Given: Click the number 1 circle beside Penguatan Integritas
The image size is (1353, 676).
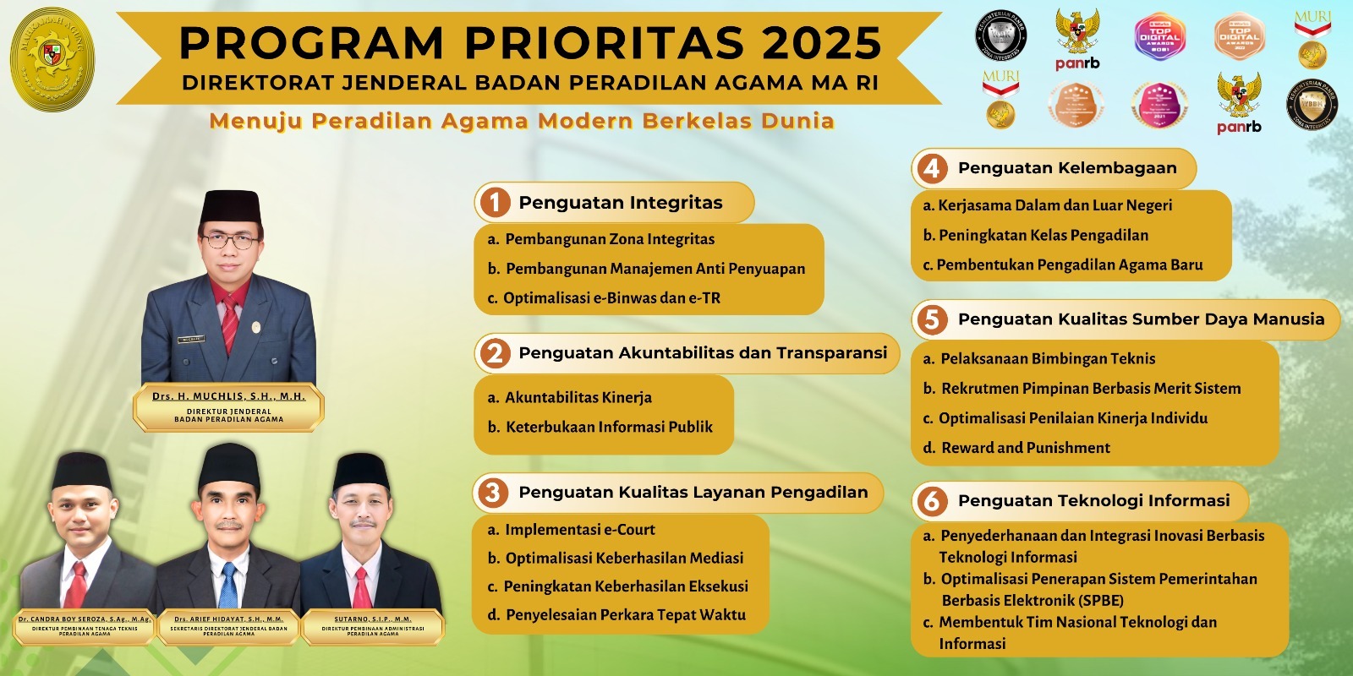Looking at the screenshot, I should (x=495, y=203).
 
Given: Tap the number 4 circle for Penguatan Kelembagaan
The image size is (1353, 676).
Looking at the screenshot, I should (x=931, y=168).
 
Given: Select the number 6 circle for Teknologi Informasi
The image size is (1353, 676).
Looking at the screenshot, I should (x=931, y=501).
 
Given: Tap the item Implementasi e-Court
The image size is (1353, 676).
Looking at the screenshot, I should (x=579, y=530).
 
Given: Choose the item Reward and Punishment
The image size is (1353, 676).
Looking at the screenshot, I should (x=1025, y=448).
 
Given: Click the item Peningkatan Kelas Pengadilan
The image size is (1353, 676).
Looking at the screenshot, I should (x=1043, y=235).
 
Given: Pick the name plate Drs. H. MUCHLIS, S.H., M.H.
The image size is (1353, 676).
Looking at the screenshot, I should (x=228, y=396).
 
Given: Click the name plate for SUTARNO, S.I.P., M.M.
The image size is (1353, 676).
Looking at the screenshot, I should (x=373, y=619).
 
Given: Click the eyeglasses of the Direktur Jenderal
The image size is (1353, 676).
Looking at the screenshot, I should (x=229, y=241).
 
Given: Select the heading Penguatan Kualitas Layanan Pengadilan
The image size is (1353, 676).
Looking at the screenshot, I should (x=693, y=493).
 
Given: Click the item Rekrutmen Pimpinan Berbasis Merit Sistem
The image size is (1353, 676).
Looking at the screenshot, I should (x=1091, y=389).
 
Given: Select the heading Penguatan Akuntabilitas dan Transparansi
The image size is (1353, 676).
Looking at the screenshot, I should (x=702, y=353).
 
